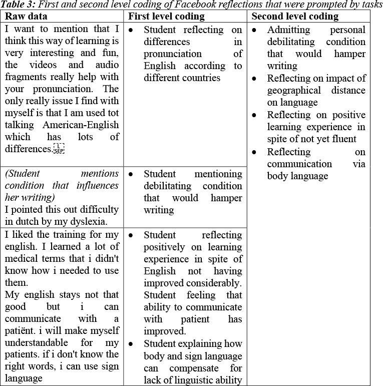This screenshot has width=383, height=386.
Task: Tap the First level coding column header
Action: pyautogui.click(x=167, y=17)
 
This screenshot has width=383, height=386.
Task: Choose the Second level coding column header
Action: pyautogui.click(x=295, y=17)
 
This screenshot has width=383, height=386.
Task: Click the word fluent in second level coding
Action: pyautogui.click(x=352, y=139)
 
